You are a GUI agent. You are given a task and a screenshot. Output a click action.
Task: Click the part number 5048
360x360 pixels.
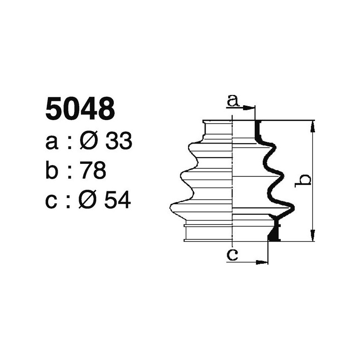click(80, 109)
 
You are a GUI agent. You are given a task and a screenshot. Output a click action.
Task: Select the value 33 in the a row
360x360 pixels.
click(118, 142)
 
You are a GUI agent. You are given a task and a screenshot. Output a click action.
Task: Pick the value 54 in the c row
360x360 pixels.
click(117, 201)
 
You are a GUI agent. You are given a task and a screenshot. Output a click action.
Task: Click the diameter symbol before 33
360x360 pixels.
click(89, 142)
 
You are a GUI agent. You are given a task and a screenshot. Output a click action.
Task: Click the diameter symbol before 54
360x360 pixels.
click(88, 201)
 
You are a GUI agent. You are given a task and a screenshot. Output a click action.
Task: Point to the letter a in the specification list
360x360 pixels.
click(52, 143)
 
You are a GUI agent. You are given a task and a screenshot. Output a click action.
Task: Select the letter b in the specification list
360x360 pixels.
click(52, 171)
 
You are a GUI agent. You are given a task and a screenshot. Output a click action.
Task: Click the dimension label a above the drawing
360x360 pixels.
click(233, 100)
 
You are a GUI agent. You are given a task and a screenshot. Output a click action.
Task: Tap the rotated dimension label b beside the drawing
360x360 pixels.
click(305, 180)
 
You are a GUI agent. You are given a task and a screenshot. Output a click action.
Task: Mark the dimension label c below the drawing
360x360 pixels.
click(232, 255)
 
